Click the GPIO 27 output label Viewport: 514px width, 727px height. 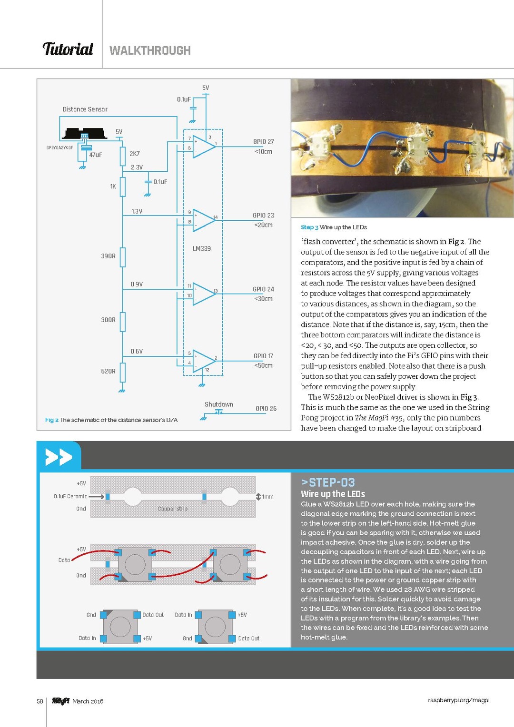click(263, 142)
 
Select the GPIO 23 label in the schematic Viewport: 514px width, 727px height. click(263, 216)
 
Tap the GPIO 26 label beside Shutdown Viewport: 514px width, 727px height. click(266, 409)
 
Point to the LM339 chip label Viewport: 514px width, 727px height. click(202, 249)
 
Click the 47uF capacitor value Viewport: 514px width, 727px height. click(96, 155)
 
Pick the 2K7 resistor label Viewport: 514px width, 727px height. click(135, 154)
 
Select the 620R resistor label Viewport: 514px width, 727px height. click(108, 372)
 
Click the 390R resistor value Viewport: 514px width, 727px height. click(108, 256)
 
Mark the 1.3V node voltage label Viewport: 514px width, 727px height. click(137, 212)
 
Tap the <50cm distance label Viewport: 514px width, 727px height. click(263, 366)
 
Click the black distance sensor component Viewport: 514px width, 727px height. click(85, 134)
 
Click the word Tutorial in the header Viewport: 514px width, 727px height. click(68, 49)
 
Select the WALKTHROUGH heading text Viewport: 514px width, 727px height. click(150, 50)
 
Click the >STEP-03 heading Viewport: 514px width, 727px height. click(328, 482)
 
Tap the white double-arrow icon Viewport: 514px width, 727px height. click(59, 457)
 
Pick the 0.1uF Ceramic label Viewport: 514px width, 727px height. click(70, 496)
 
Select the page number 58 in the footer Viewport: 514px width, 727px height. click(40, 701)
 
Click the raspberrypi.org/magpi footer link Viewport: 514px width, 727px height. click(458, 700)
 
